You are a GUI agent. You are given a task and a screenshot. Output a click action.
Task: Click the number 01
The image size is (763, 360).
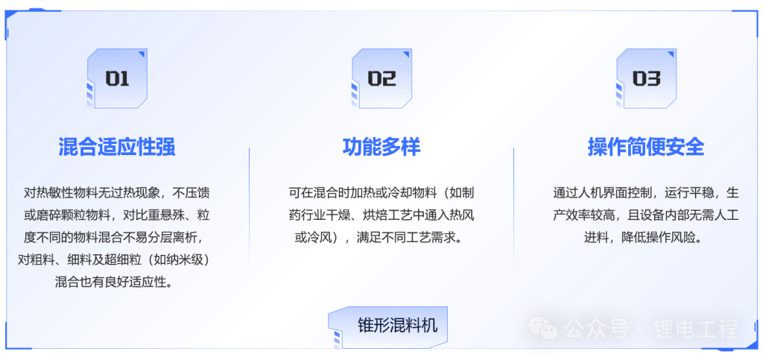tap(117, 79)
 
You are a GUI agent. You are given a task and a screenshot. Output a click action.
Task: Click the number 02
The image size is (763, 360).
tap(381, 79)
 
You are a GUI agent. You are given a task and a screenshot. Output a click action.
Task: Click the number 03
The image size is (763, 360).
tap(646, 79)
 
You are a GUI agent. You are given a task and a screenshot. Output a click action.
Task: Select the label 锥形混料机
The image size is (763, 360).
tap(397, 326)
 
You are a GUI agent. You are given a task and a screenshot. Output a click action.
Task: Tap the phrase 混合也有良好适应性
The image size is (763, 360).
tap(114, 282)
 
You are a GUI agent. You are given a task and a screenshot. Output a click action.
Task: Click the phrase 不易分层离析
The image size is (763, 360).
tap(163, 238)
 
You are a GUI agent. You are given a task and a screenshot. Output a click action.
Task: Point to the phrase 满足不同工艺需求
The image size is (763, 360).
tap(409, 238)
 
